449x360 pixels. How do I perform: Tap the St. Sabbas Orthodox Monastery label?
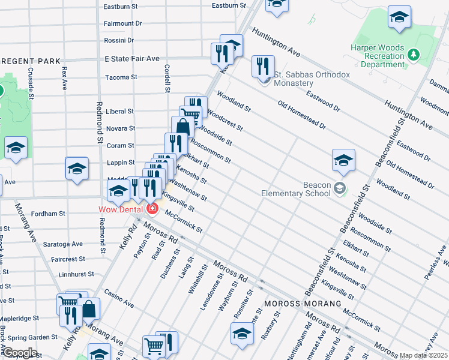[312, 79]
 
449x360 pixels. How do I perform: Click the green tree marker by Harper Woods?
[414, 55]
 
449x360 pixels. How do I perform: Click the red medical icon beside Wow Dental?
[152, 209]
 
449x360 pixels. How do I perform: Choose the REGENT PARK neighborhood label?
[31, 61]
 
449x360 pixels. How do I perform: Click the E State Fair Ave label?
[131, 59]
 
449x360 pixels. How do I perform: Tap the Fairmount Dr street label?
[122, 23]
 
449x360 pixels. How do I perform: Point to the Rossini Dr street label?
[118, 40]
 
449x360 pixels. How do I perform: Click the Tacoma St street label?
[121, 77]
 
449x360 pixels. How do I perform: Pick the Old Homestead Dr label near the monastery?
[301, 116]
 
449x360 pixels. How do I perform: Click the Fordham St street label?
[49, 214]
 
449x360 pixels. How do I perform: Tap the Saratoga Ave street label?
[63, 244]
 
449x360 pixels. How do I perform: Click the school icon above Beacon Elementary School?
[343, 160]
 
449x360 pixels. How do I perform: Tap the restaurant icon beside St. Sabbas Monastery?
[262, 66]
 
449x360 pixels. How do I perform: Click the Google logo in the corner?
[20, 353]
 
